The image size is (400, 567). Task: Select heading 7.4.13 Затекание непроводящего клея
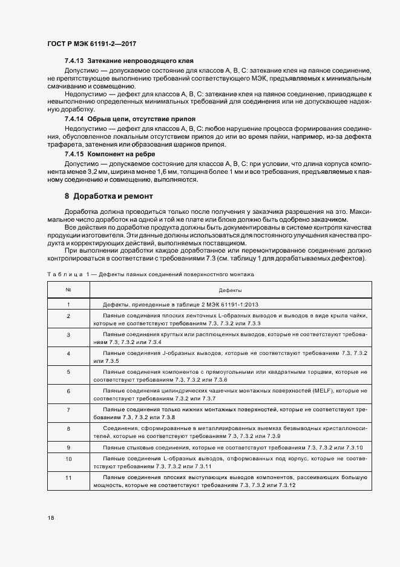click(x=129, y=62)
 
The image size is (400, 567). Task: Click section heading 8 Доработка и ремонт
click(x=109, y=196)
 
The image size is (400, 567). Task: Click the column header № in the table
click(x=68, y=290)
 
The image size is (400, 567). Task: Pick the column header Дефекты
click(x=230, y=290)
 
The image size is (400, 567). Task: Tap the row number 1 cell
click(x=68, y=305)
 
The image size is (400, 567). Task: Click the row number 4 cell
click(x=68, y=356)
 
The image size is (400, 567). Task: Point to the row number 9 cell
click(x=68, y=447)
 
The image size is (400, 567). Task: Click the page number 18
click(x=50, y=518)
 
